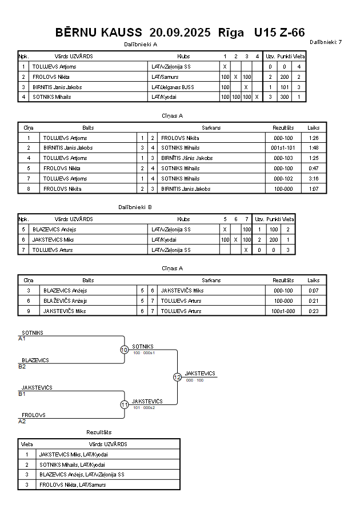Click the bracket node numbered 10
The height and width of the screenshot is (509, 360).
click(124, 350)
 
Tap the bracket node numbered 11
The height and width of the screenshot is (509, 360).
click(124, 404)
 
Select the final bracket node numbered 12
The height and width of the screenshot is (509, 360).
click(177, 377)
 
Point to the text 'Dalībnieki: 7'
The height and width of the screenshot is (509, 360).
click(326, 42)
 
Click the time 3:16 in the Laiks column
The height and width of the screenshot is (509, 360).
click(313, 179)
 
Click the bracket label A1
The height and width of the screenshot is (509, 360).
click(22, 339)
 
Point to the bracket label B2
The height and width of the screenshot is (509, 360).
click(22, 366)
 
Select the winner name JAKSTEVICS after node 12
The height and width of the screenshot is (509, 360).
click(200, 374)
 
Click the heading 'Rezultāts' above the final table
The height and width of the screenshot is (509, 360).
click(99, 432)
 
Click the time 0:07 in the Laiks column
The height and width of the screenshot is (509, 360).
click(313, 291)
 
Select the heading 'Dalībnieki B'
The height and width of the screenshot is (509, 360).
click(135, 207)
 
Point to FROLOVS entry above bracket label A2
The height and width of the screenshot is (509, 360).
click(34, 415)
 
